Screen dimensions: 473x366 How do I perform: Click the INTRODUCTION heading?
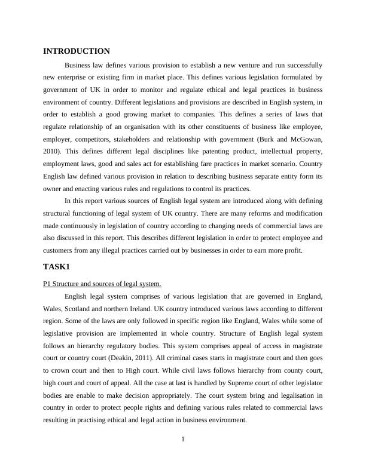[77, 51]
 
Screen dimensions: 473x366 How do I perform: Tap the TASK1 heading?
[57, 266]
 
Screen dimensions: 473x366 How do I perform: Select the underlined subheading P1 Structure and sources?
[102, 284]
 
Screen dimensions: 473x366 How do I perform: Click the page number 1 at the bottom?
[183, 440]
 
